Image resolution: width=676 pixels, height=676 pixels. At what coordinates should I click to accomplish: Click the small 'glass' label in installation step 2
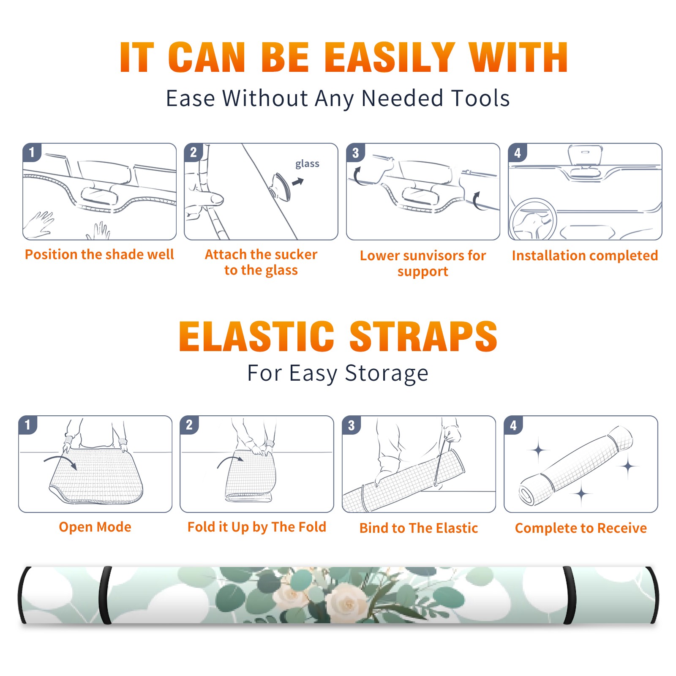click(307, 164)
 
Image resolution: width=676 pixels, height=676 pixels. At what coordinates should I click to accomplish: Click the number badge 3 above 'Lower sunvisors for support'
click(355, 153)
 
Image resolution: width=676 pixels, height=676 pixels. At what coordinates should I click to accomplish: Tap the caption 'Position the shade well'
click(99, 254)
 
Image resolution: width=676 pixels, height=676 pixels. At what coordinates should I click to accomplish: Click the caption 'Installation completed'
click(585, 255)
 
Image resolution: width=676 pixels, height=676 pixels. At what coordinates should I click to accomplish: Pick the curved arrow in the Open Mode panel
click(60, 461)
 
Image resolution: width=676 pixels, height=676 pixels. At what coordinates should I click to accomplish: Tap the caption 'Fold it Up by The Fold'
click(257, 527)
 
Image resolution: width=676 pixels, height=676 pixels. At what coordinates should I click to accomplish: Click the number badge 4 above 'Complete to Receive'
click(513, 425)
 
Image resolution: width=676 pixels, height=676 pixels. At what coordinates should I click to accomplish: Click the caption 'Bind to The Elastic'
click(419, 528)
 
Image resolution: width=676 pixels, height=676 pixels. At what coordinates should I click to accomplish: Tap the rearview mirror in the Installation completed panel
click(585, 156)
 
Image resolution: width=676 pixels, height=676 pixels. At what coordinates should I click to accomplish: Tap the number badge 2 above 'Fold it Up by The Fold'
click(189, 425)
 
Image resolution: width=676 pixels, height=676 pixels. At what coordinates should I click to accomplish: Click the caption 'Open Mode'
click(95, 527)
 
